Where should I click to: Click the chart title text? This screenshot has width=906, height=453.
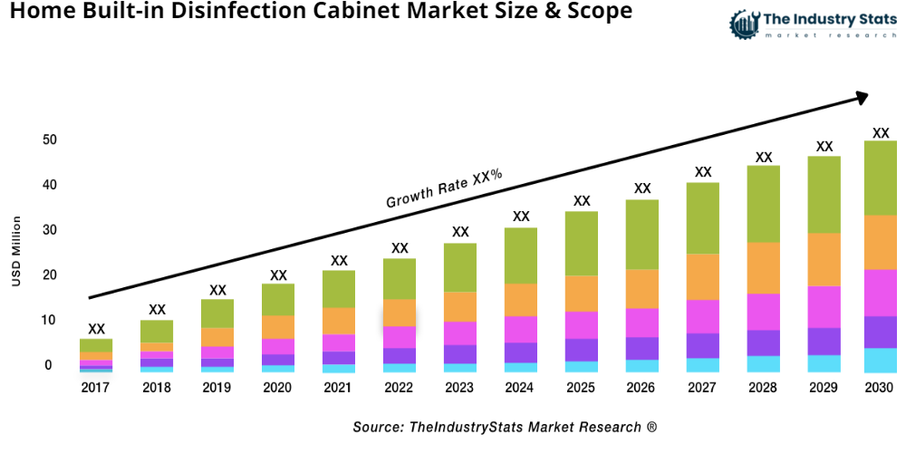tap(316, 13)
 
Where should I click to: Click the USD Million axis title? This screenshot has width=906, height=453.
tap(15, 252)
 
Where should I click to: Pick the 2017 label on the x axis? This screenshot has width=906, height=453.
tap(96, 388)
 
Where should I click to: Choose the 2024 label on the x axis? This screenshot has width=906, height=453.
tap(521, 388)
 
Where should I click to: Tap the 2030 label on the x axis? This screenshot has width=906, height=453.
tap(880, 388)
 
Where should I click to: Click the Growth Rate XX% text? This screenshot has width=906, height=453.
tap(444, 188)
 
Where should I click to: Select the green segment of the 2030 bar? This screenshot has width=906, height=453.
tap(880, 178)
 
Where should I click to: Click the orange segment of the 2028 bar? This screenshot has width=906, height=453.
tap(764, 268)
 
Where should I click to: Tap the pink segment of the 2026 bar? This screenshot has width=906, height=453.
tap(642, 323)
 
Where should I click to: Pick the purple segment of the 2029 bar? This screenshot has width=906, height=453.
tap(824, 341)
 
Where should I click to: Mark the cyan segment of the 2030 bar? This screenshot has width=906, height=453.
tap(880, 360)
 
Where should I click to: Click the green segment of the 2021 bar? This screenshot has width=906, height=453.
tap(339, 289)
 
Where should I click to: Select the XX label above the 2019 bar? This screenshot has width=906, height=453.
tap(217, 290)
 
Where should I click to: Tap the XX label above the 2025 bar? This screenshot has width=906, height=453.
tap(582, 201)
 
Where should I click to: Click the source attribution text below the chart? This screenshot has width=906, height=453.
tap(505, 426)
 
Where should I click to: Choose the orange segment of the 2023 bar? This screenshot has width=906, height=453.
tap(460, 306)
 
